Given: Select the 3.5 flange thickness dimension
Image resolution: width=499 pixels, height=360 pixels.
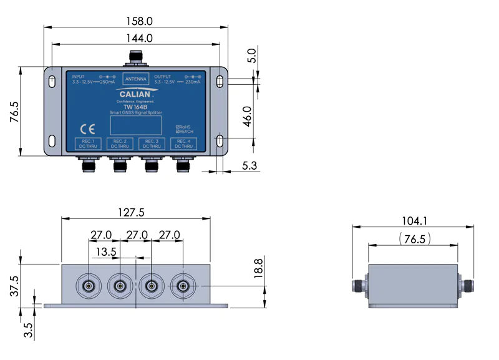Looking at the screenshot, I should [x=28, y=329].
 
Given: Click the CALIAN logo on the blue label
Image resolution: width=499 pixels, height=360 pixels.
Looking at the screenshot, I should [x=135, y=94].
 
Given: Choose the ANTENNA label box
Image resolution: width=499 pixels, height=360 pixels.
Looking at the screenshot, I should [x=135, y=79].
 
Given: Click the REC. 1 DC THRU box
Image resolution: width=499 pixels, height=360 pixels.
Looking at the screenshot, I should [x=88, y=144].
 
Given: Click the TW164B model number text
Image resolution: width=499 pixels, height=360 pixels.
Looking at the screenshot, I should [x=135, y=106].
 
